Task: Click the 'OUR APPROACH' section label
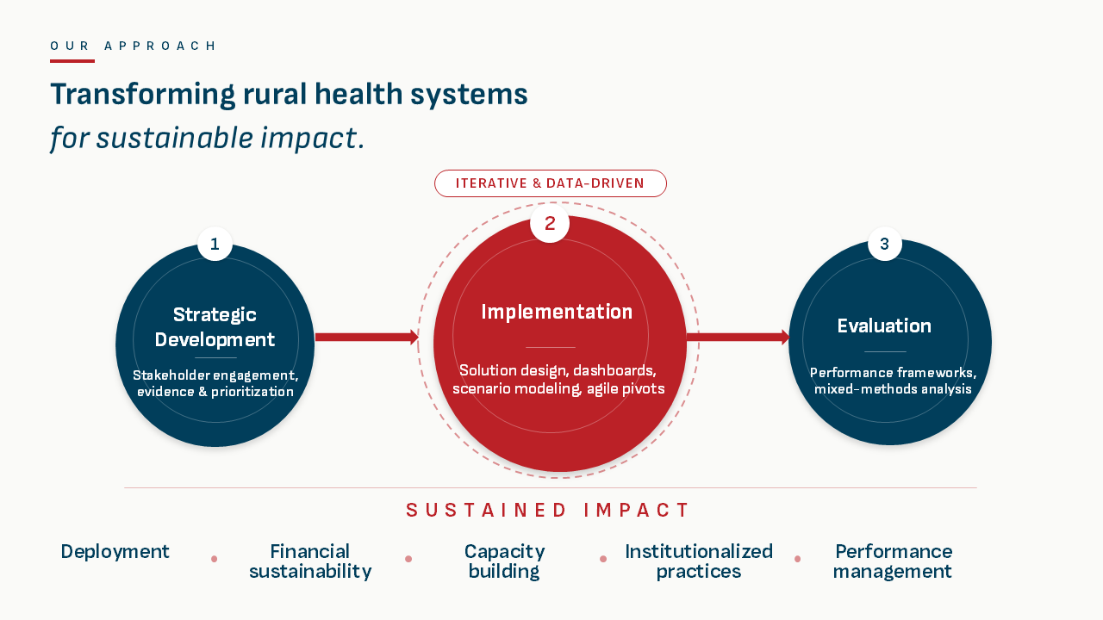[x=134, y=46]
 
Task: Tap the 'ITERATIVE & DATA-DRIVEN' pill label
[x=550, y=183]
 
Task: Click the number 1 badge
[x=215, y=244]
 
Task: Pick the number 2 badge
[x=550, y=224]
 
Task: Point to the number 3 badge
[x=884, y=244]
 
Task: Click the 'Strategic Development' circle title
[x=215, y=327]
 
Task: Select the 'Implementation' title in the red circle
[x=557, y=312]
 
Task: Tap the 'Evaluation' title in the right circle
[x=884, y=325]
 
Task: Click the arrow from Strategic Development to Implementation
[x=366, y=338]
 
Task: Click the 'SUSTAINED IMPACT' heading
[x=549, y=510]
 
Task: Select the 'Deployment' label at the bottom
[x=115, y=551]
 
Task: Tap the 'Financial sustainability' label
[x=310, y=561]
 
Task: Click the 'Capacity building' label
[x=504, y=561]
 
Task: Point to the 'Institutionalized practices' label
[x=699, y=561]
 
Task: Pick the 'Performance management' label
[x=893, y=561]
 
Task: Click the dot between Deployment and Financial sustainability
[x=214, y=559]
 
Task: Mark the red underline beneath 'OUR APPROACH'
[x=72, y=61]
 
